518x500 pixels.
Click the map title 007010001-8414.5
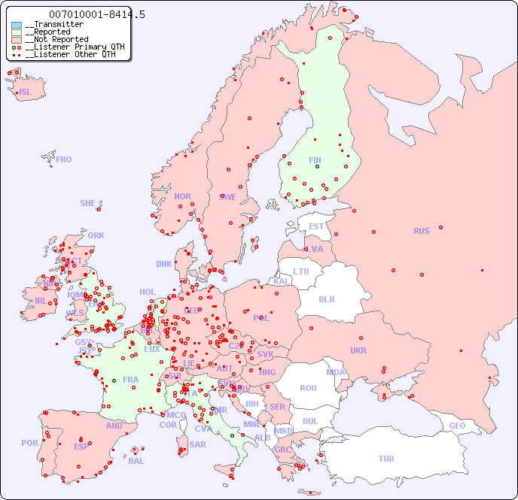point(96,14)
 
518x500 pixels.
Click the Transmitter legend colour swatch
point(17,25)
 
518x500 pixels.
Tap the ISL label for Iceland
point(26,92)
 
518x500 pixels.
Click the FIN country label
point(315,160)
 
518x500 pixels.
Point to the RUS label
point(421,231)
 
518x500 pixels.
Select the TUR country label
point(386,459)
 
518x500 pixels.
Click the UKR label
point(358,350)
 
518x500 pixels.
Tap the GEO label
point(457,426)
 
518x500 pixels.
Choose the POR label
point(29,443)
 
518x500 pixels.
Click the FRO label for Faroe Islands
point(64,159)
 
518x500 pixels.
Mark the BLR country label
point(326,298)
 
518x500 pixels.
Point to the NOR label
point(182,196)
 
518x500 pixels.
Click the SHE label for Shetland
point(88,203)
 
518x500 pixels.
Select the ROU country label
point(308,388)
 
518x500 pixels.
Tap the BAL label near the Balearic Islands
point(136,461)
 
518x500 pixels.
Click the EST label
point(316,226)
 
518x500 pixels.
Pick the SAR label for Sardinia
point(198,444)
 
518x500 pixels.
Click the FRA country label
point(131,380)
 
